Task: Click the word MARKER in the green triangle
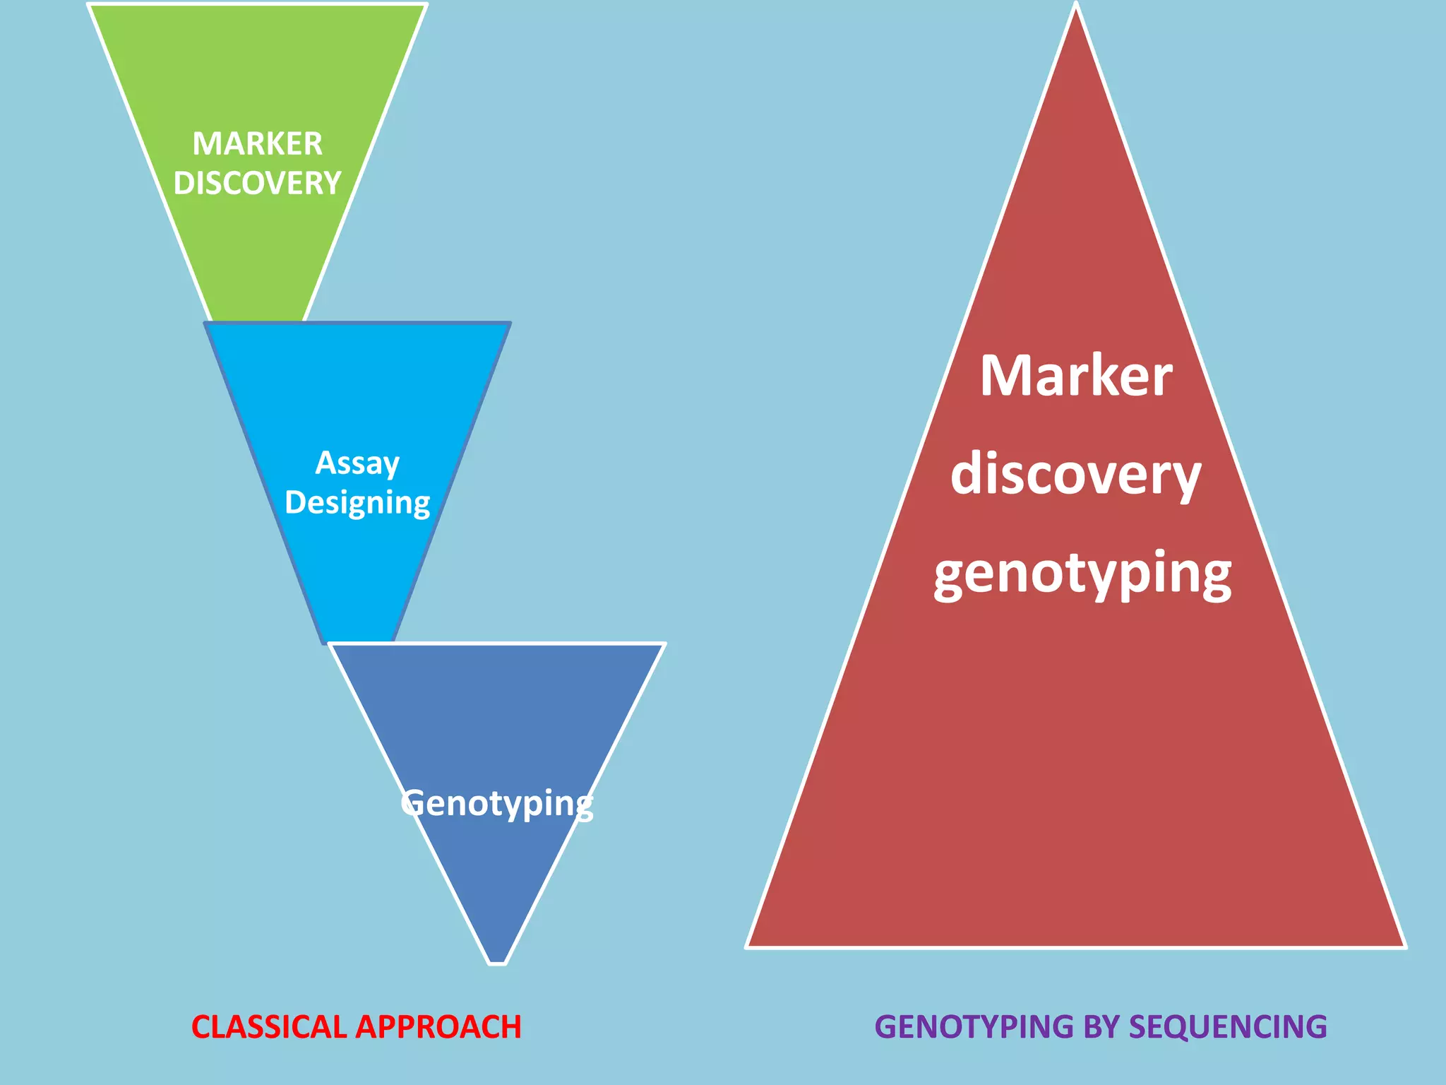(x=257, y=144)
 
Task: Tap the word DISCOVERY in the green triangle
(x=257, y=184)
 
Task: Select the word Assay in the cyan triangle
(x=357, y=463)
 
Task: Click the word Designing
(x=357, y=503)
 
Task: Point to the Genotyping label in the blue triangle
(x=497, y=804)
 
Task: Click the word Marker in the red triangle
(x=1076, y=376)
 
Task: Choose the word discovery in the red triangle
(x=1076, y=475)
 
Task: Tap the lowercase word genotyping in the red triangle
(x=1082, y=574)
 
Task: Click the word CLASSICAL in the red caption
(x=270, y=1027)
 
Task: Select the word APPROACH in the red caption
(x=438, y=1027)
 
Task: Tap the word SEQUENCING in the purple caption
(x=1228, y=1027)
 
